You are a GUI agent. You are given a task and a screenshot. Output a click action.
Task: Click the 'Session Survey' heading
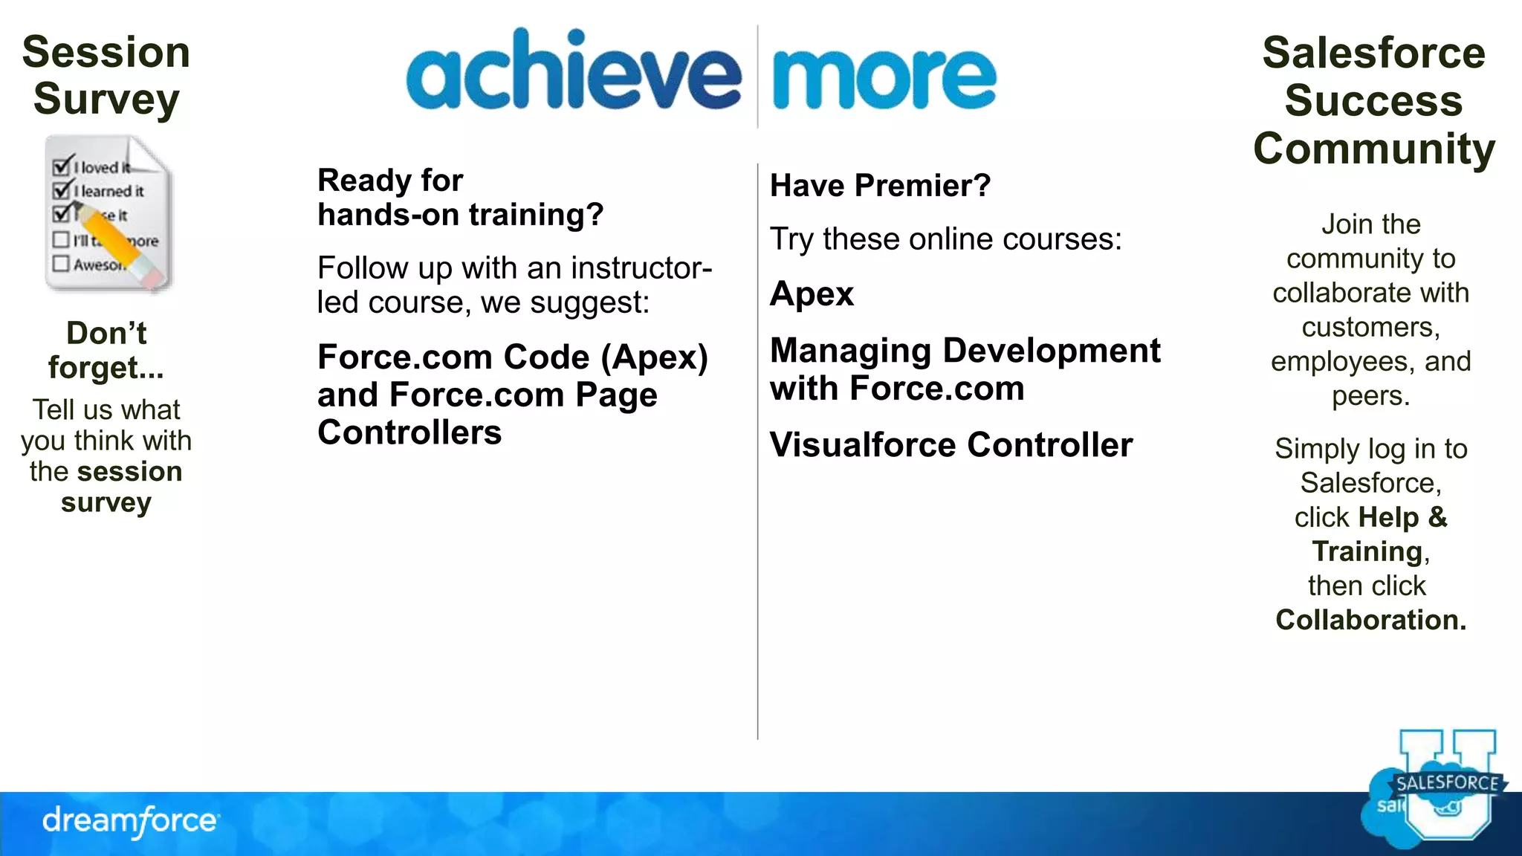pyautogui.click(x=106, y=75)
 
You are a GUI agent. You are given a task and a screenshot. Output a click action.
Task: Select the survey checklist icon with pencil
pyautogui.click(x=109, y=213)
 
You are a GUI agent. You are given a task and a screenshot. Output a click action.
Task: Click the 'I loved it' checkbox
pyautogui.click(x=62, y=166)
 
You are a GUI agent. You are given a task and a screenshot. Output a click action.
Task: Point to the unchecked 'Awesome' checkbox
pyautogui.click(x=61, y=264)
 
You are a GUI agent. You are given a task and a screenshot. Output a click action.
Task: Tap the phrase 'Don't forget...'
pyautogui.click(x=106, y=350)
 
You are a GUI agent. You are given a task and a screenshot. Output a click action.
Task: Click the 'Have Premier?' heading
pyautogui.click(x=880, y=186)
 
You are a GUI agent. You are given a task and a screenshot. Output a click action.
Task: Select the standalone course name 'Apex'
pyautogui.click(x=812, y=294)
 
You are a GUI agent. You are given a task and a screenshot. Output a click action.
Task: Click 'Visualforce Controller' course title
pyautogui.click(x=951, y=445)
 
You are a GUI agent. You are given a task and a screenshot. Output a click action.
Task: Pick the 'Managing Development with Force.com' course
pyautogui.click(x=964, y=369)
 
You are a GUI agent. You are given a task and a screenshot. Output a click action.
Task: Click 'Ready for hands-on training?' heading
pyautogui.click(x=460, y=198)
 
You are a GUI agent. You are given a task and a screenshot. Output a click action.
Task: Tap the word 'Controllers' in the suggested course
pyautogui.click(x=409, y=432)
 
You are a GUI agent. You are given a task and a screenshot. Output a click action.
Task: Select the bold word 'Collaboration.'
pyautogui.click(x=1371, y=620)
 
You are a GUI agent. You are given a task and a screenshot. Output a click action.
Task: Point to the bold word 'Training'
pyautogui.click(x=1367, y=551)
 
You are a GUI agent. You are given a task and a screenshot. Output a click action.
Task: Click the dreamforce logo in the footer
pyautogui.click(x=131, y=821)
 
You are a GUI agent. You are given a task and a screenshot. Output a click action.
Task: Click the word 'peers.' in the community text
pyautogui.click(x=1370, y=396)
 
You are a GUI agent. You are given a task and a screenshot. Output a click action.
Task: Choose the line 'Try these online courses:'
pyautogui.click(x=945, y=239)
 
